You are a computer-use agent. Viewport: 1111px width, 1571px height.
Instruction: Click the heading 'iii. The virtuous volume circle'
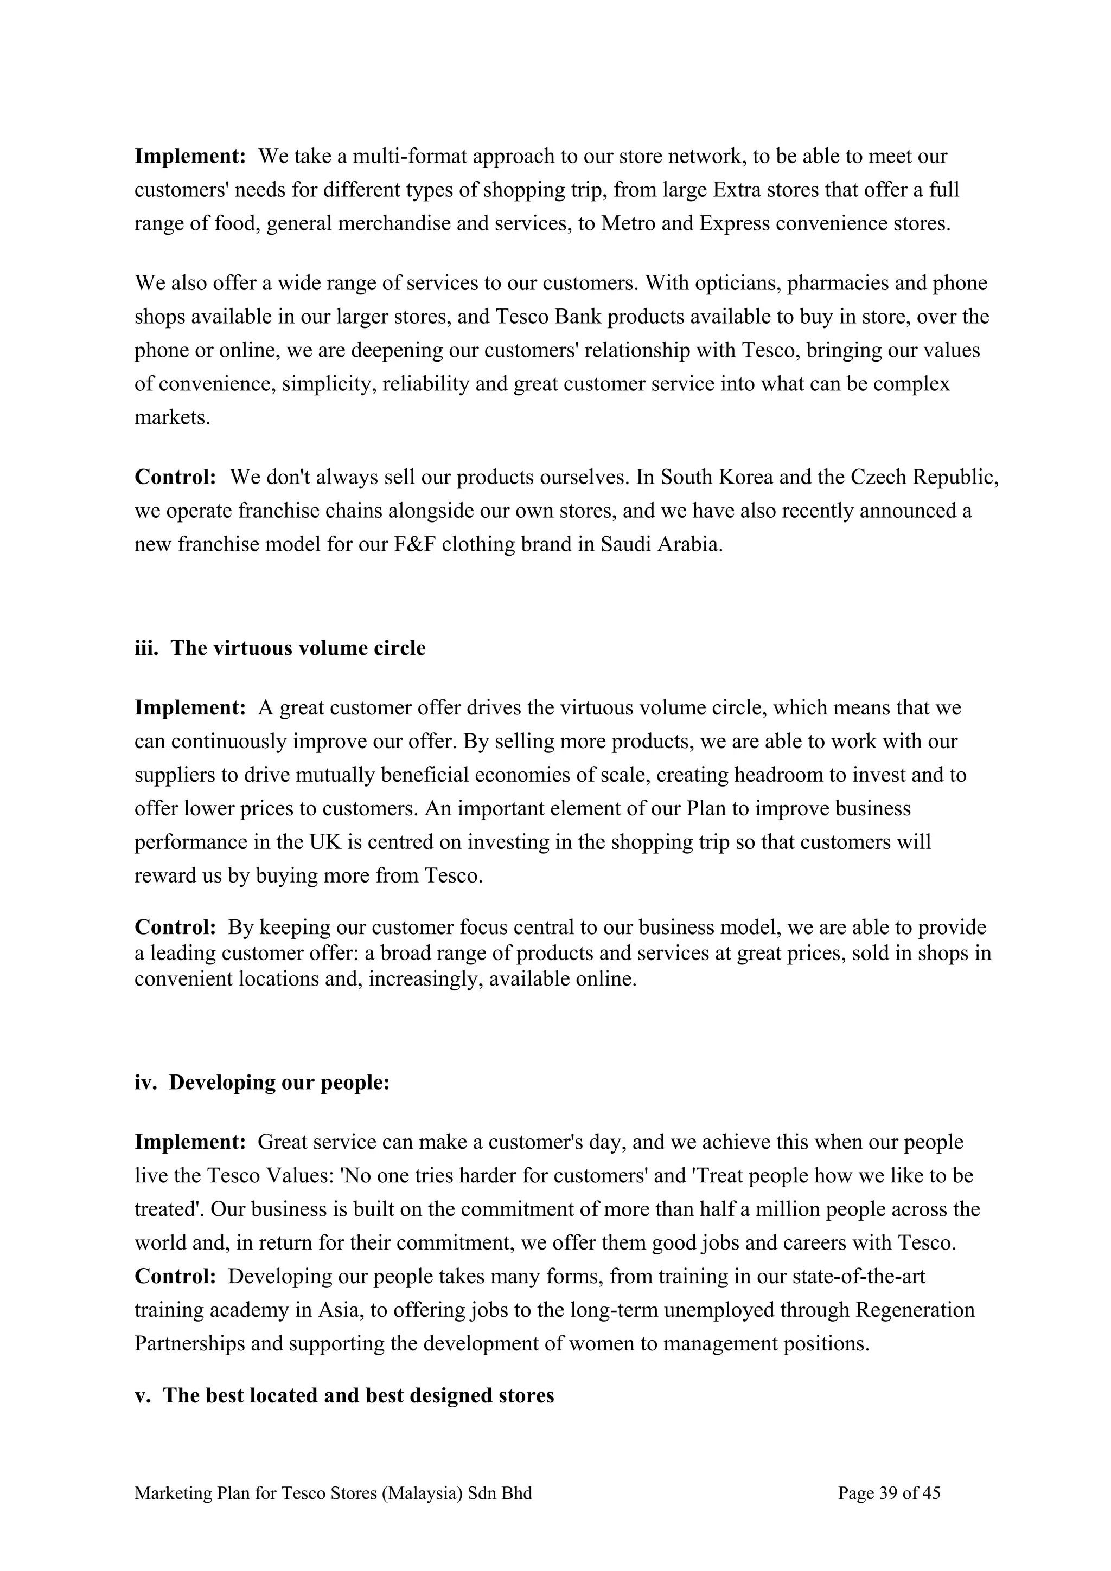coord(279,648)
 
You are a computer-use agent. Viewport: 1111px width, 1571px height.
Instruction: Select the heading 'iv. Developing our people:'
coord(261,1083)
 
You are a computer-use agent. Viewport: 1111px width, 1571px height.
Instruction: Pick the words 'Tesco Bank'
coord(548,317)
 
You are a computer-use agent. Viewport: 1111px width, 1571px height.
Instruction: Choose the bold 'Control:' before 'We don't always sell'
coord(175,477)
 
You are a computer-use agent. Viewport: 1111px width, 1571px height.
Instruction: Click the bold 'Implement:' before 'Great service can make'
coord(190,1142)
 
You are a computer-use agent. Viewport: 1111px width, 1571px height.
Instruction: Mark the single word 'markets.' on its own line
coord(172,417)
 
